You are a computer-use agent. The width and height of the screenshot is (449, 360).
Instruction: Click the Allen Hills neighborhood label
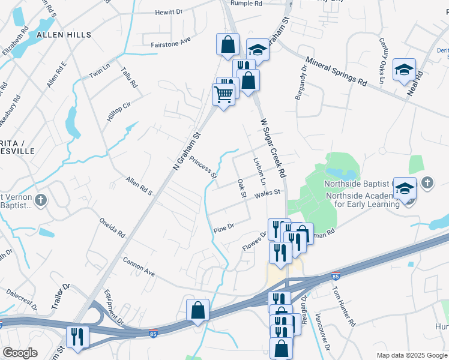[x=64, y=35]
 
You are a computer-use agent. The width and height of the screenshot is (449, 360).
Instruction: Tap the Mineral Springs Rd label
[x=336, y=71]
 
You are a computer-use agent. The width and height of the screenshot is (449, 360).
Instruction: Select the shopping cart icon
[x=223, y=94]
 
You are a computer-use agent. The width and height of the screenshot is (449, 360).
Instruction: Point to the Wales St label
[x=268, y=193]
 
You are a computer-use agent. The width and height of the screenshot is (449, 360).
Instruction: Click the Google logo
[x=20, y=352]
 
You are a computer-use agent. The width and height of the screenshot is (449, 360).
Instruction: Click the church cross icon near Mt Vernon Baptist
[x=41, y=199]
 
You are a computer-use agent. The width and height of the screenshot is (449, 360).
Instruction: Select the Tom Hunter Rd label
[x=343, y=305]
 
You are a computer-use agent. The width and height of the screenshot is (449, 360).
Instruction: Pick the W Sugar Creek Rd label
[x=272, y=147]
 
